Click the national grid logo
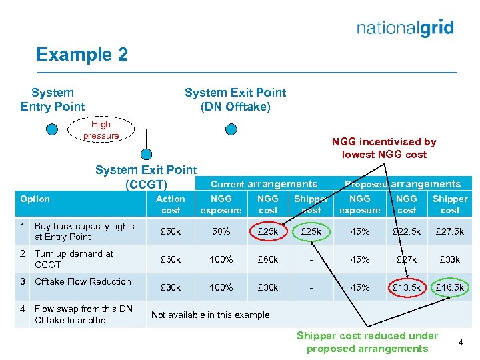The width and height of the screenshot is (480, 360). coord(405,28)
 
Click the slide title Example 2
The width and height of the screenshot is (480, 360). coord(82,55)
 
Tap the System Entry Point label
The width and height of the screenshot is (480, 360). coord(53,99)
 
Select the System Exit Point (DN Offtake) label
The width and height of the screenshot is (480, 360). coord(235,99)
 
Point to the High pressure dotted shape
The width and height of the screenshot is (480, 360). coord(101,130)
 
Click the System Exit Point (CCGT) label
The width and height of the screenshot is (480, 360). coord(146,177)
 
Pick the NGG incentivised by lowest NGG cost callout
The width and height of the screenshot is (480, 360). coord(383,147)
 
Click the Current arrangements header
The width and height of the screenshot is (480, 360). coord(264,184)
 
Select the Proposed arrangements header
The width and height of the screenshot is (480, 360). coord(402,184)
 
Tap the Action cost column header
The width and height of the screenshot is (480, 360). coord(171,204)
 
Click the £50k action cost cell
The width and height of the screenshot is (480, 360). coord(171,231)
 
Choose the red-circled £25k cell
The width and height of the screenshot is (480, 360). coord(268,231)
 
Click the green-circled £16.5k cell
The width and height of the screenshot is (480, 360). coord(450,287)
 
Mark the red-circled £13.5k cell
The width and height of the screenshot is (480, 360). coord(407,287)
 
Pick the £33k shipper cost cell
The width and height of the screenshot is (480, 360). coord(450,259)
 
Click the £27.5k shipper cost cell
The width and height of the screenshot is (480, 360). coord(450,231)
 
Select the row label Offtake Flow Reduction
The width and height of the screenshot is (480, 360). coord(83,281)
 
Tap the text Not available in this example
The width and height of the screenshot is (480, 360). coord(211,315)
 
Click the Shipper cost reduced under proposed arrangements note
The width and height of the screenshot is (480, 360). coord(367,342)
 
